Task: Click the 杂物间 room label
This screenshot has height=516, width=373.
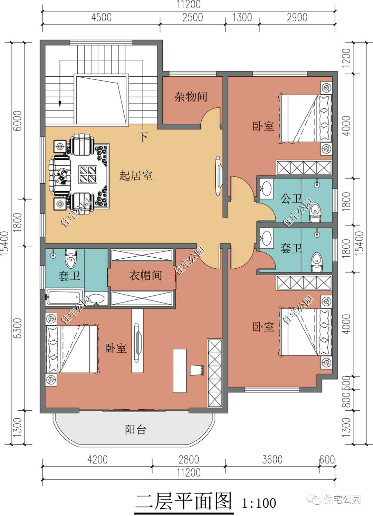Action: coord(191,97)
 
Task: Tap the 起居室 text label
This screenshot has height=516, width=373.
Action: coord(136,176)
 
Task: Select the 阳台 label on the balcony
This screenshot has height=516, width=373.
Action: coord(135,430)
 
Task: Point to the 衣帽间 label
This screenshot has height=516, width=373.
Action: coord(145,276)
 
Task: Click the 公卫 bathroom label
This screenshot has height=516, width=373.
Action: coord(291,199)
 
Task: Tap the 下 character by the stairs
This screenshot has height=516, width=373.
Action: coord(144,137)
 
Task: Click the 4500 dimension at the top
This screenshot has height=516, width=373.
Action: coord(101,18)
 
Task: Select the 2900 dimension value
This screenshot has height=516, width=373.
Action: coord(297,18)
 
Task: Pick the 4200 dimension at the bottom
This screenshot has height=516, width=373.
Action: coord(97,460)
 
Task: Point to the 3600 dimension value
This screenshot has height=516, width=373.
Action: coord(272,460)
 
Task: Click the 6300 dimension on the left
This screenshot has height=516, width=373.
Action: coord(17,328)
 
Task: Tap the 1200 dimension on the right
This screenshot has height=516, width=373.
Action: coord(346,57)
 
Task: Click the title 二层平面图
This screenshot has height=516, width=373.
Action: coord(184,501)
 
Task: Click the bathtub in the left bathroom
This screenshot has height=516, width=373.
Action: coord(64,298)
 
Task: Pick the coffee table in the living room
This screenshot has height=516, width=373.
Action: coord(88,174)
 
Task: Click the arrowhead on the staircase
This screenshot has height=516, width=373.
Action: coord(60,104)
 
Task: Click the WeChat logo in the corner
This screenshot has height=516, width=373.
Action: coord(315,499)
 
